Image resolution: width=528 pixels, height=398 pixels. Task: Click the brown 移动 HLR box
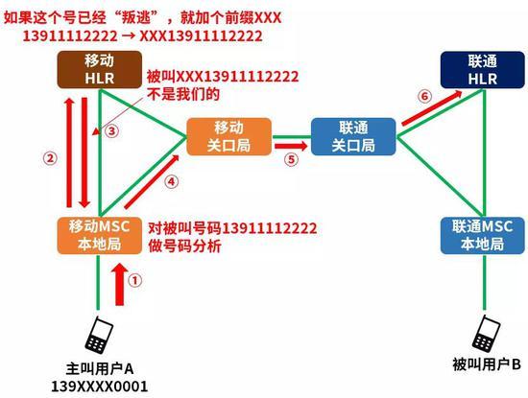pos(99,70)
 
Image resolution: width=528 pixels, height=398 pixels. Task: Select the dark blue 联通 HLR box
pos(483,70)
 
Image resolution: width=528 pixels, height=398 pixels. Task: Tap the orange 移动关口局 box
pos(229,136)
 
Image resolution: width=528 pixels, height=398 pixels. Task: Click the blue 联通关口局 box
pos(353,136)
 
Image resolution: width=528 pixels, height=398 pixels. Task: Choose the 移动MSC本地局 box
pos(99,236)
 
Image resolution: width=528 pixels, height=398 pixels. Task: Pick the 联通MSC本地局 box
pos(483,236)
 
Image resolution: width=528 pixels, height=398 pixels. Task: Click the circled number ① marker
pos(135,280)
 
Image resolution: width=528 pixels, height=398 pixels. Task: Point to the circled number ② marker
pos(50,158)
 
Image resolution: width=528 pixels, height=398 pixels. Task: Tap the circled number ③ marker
pos(112,130)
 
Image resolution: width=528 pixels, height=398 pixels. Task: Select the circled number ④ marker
pos(172,181)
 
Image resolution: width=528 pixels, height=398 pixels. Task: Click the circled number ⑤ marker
pos(291,159)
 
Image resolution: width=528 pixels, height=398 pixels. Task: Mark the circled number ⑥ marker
pos(424,97)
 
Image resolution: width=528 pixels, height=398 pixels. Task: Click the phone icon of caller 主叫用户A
pos(99,335)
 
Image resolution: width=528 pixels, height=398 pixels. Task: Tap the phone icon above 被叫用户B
pos(486,334)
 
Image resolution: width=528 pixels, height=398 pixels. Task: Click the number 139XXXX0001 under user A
pos(99,386)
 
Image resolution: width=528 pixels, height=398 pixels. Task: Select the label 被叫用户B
pos(487,364)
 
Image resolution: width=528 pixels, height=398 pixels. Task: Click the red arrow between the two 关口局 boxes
pos(291,146)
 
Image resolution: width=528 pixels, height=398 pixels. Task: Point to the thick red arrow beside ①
pos(120,284)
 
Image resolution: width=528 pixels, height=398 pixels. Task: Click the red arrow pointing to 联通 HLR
pos(432,107)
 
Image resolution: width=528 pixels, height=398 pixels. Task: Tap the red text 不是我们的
pos(183,94)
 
